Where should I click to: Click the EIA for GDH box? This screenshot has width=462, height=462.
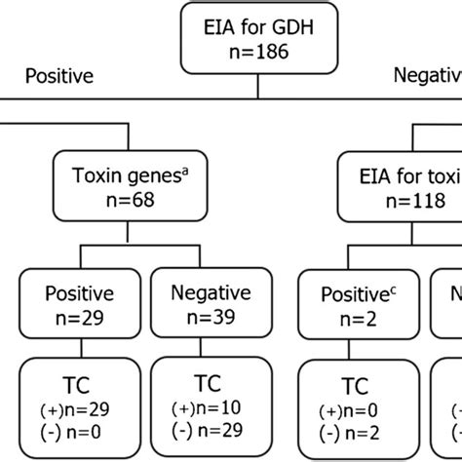(x=256, y=33)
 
